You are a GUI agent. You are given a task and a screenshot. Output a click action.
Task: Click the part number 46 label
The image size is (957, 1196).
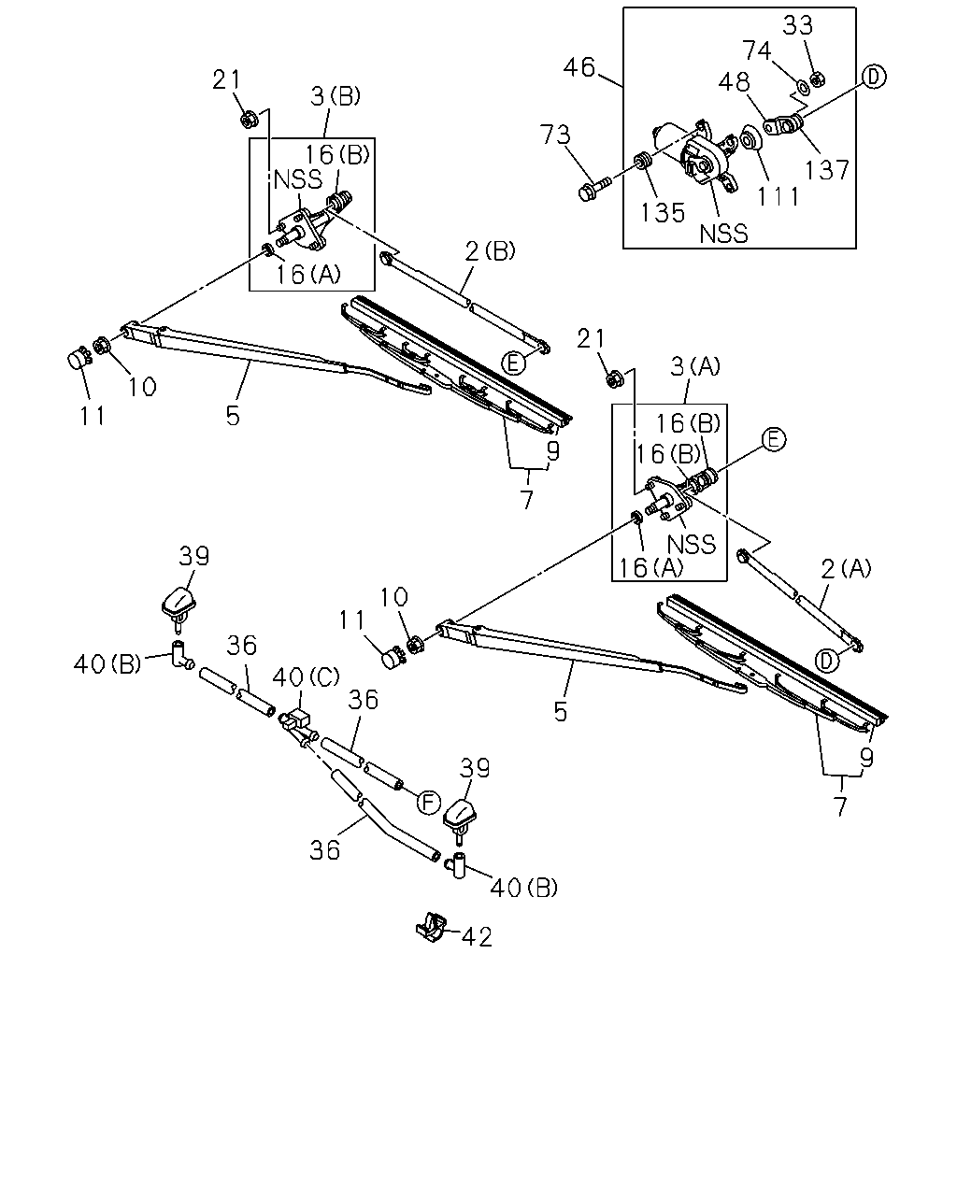pos(578,67)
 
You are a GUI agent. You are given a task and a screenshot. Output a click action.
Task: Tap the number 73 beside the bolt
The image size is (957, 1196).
pos(555,135)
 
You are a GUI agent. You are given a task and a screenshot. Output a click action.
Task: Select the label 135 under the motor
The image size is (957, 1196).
pos(662,212)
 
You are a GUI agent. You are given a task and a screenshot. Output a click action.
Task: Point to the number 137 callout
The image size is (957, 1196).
pos(827,169)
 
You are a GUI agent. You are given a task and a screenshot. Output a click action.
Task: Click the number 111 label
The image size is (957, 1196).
pos(778,196)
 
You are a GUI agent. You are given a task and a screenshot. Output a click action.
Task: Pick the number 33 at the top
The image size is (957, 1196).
pos(798,25)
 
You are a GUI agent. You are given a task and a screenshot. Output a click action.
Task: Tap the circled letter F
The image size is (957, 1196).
pos(429,803)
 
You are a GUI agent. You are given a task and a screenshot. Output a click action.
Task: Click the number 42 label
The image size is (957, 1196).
pos(478,937)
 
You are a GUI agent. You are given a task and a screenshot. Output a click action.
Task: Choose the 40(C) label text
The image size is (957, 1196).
pos(306,676)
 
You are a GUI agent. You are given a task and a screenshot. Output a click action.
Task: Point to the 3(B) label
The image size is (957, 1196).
pos(336,96)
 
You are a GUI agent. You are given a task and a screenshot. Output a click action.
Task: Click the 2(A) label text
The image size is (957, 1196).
pos(846,568)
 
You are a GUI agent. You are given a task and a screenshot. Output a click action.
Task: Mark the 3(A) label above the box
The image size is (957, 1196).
pos(695,366)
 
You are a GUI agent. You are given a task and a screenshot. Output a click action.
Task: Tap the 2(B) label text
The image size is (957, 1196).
pos(490,251)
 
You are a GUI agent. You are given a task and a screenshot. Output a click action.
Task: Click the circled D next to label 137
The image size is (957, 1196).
pos(874,77)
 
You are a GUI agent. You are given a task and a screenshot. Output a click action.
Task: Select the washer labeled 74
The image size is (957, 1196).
pos(803,87)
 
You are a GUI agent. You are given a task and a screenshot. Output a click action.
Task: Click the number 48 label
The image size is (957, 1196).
pos(734,82)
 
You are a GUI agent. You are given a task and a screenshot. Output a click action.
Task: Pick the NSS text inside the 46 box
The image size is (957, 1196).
pos(723,234)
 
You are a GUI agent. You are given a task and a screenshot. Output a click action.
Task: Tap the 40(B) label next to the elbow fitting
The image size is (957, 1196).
pos(107,663)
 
